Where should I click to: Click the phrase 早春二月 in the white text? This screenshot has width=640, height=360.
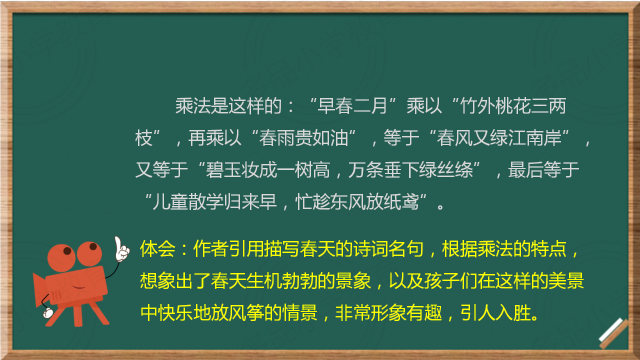coord(352,106)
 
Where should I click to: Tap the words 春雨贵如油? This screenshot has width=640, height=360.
coord(303,138)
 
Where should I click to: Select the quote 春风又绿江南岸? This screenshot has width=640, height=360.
coord(499,138)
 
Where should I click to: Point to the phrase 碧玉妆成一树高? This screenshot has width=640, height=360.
coord(267,170)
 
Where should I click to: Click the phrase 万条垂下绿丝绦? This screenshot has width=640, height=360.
coord(410,170)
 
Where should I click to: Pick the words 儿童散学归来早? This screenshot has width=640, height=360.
coord(214,201)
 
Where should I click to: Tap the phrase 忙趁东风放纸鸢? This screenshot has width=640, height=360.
coord(357,201)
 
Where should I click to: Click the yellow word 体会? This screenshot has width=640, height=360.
coord(157,249)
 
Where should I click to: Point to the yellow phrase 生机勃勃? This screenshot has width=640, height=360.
coord(281,281)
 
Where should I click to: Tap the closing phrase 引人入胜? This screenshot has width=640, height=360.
coord(495,312)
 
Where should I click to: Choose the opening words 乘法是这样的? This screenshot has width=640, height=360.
coord(228,106)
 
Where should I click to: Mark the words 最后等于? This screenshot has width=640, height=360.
coord(543,170)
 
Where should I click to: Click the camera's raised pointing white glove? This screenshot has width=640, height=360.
coord(121,249)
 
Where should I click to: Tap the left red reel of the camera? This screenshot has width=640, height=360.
coord(61,257)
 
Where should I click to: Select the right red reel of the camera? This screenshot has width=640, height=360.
coord(89,254)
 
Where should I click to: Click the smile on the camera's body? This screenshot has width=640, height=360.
coord(78,287)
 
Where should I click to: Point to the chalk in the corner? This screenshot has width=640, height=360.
coord(613,333)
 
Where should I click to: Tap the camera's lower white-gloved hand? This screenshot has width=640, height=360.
coord(47,312)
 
